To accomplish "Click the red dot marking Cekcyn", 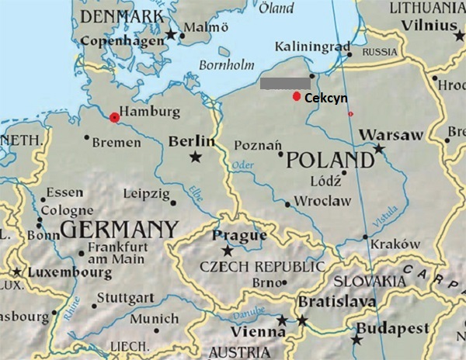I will pos(296,96).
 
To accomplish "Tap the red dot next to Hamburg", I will pos(114,117).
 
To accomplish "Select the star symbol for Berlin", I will pos(195,157).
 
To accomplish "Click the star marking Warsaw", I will pos(379,147).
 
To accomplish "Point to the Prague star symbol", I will pos(228,251).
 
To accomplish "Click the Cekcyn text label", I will pos(325,98).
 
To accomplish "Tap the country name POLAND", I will pos(330,161).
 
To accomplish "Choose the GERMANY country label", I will pos(118,230).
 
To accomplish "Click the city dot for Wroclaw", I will pos(288,205).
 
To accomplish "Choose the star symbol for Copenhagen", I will pos(171,34).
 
